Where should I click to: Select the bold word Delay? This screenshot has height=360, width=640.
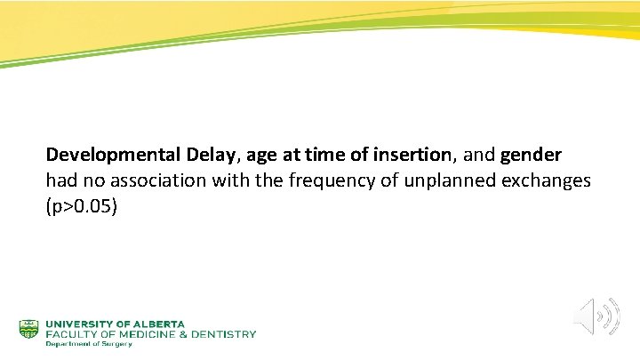(x=209, y=156)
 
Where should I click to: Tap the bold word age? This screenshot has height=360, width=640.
(x=262, y=156)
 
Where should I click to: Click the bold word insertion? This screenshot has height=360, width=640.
(x=416, y=156)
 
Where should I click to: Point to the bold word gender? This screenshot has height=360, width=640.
(x=531, y=156)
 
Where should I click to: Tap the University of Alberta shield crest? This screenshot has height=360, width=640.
(x=29, y=329)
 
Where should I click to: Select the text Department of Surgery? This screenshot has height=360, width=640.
(x=88, y=344)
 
